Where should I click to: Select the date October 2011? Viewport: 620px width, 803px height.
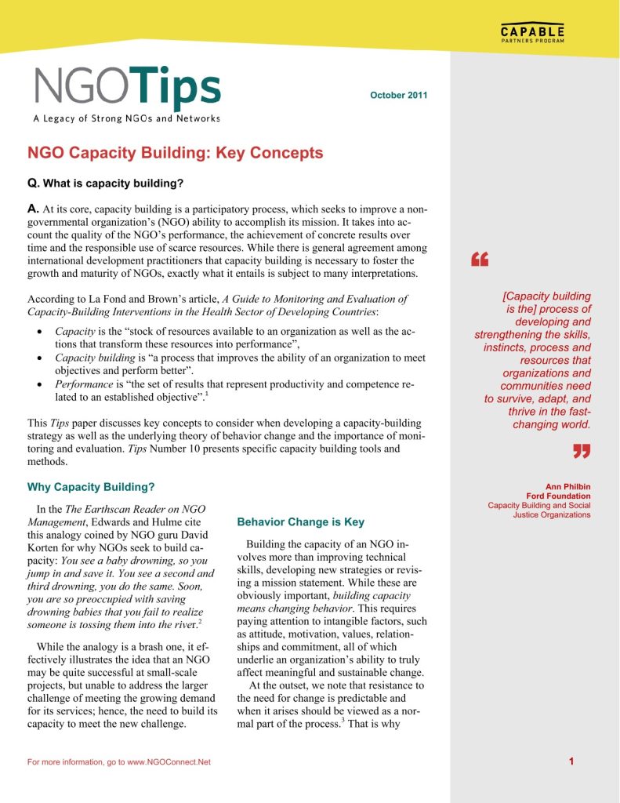point(398,95)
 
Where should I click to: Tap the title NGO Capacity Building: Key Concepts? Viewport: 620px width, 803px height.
point(175,154)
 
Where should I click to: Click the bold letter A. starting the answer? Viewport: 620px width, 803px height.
point(33,211)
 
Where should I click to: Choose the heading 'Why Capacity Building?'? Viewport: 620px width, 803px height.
point(91,487)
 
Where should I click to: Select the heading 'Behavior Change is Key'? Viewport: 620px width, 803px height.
point(300,521)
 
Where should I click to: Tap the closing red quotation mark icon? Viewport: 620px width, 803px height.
point(580,450)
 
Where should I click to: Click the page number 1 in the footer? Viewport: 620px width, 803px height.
point(572,761)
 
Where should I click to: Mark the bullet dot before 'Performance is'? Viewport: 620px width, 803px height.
point(39,384)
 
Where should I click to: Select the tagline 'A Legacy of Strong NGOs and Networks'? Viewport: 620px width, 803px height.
point(126,119)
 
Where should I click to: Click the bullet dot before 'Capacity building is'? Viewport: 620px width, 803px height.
point(39,358)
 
